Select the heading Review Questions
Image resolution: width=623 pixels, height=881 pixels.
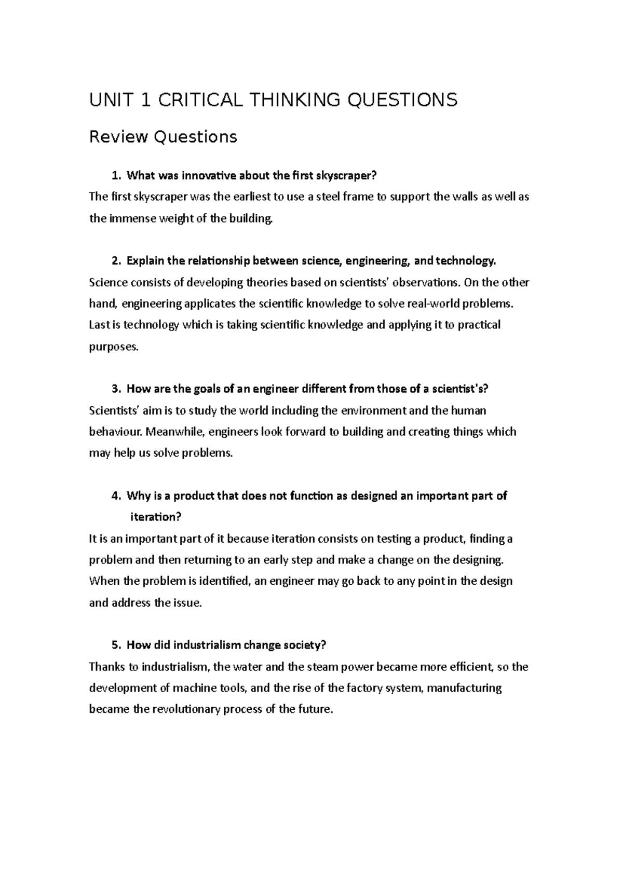tap(163, 137)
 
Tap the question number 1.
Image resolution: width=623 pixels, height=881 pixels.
tap(115, 176)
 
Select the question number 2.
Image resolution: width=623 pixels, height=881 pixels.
tap(115, 261)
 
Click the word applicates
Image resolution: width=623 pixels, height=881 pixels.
tap(209, 304)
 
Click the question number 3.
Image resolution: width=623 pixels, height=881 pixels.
tap(115, 389)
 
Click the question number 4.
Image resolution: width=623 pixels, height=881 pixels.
tap(115, 496)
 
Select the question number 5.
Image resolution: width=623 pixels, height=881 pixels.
tap(115, 645)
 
